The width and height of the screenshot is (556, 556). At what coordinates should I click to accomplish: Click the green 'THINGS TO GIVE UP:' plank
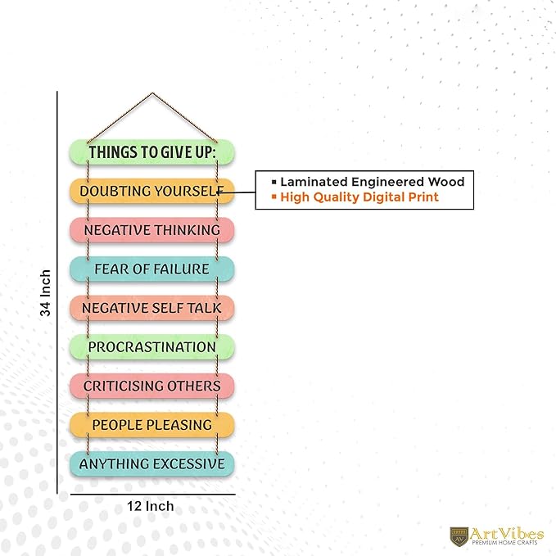(151, 152)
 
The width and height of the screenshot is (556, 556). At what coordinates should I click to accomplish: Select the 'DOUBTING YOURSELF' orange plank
(151, 191)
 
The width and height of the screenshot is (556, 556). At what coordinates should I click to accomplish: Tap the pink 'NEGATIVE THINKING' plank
(151, 230)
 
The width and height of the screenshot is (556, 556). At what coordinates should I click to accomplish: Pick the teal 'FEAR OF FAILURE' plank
(151, 269)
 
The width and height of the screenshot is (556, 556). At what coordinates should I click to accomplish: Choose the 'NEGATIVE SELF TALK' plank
(151, 308)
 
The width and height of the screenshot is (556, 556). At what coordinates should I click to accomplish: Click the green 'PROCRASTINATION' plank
(151, 347)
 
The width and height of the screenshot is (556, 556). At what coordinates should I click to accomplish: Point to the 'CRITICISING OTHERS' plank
(151, 386)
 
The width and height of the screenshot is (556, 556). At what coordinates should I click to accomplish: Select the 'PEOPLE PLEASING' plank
(151, 425)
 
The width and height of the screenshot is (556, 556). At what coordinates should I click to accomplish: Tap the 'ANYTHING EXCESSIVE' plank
(151, 463)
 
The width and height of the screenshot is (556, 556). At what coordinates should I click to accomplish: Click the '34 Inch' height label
(45, 293)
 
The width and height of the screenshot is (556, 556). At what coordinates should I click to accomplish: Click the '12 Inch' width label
(151, 506)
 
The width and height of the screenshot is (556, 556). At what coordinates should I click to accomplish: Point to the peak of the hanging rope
(152, 93)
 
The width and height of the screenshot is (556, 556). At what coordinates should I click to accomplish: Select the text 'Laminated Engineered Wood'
(373, 182)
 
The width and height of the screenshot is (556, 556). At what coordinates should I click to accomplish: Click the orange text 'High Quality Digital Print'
(359, 197)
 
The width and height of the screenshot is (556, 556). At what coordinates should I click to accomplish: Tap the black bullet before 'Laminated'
(273, 182)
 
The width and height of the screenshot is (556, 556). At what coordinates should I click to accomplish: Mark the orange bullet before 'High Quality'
(273, 196)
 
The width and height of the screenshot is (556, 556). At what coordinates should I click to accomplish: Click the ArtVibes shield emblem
(459, 536)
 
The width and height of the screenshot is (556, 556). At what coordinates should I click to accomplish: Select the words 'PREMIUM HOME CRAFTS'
(504, 543)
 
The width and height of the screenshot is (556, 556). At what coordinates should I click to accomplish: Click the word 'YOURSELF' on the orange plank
(188, 191)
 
